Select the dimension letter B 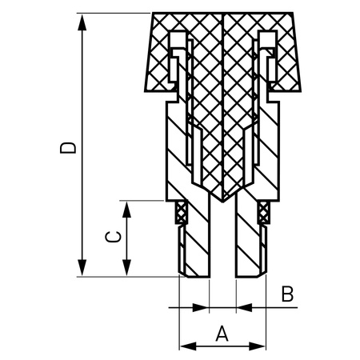point(286,294)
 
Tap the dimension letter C point(114,238)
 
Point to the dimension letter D point(70,146)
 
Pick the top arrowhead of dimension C point(126,206)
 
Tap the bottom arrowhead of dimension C point(126,271)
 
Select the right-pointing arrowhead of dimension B point(203,306)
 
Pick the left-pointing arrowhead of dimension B point(242,306)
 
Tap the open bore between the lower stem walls point(222,248)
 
